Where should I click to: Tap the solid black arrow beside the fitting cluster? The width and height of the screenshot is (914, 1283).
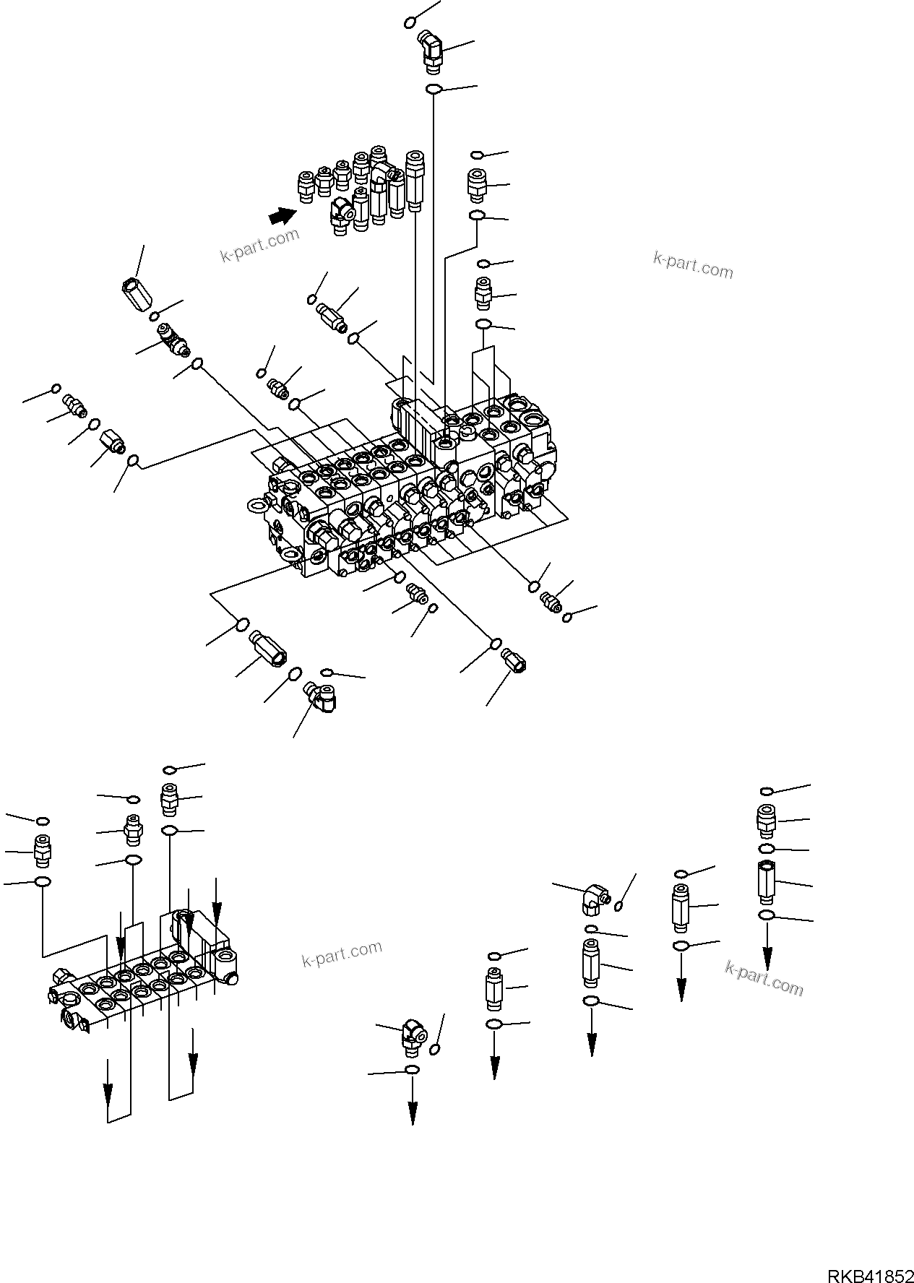(x=283, y=215)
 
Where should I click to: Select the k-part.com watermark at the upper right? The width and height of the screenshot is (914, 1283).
(x=692, y=265)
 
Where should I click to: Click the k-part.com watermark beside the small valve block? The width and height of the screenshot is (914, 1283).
(x=341, y=954)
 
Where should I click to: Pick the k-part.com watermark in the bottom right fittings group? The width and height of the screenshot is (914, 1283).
(x=764, y=977)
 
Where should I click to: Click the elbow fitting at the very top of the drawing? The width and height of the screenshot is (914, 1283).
(x=432, y=51)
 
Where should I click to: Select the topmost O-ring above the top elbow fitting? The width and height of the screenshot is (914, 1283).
(x=410, y=22)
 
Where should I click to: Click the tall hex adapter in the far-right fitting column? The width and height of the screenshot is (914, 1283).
(x=767, y=882)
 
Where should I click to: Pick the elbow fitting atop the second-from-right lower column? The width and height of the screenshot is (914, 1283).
(x=595, y=899)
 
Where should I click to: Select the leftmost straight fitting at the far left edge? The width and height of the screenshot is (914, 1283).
(x=42, y=850)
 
